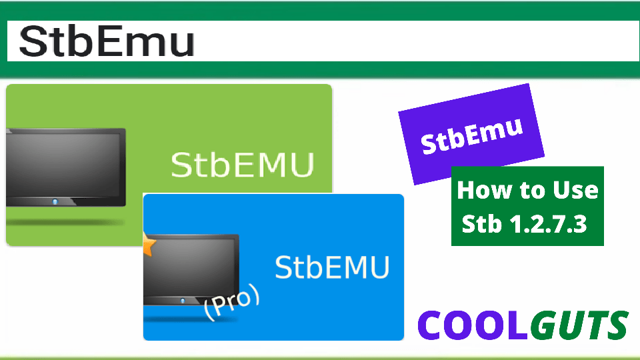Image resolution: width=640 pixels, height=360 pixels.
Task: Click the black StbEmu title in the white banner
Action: click(107, 41)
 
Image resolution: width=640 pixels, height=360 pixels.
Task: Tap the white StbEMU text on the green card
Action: click(242, 165)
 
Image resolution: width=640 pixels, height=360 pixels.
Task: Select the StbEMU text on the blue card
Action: click(332, 267)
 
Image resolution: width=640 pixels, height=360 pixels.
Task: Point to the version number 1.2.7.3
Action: click(547, 224)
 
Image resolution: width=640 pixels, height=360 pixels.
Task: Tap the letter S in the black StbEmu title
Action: click(33, 41)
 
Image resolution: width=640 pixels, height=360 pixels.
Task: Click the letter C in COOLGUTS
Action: click(432, 325)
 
